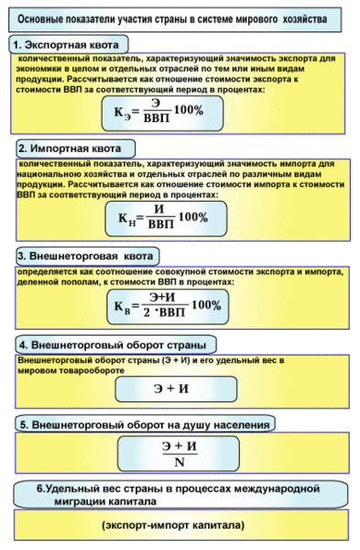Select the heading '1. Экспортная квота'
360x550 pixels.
tap(69, 44)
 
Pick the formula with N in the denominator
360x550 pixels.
tap(179, 454)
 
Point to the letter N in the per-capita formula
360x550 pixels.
tap(179, 464)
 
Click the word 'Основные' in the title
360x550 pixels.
tap(43, 16)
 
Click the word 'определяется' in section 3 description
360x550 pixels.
tap(46, 272)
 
